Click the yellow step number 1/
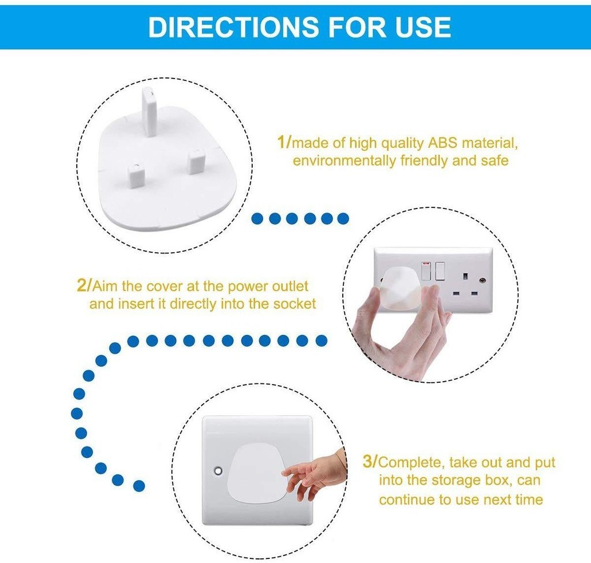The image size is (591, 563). point(285,141)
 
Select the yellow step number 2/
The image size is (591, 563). point(84,285)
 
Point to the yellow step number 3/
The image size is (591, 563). point(370,462)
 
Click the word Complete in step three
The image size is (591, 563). point(410,462)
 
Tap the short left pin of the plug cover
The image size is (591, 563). point(134,173)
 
